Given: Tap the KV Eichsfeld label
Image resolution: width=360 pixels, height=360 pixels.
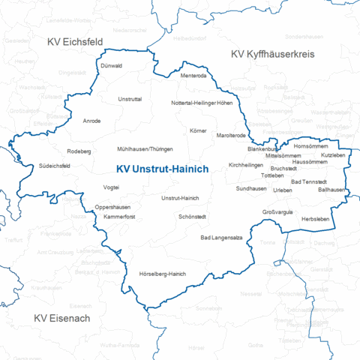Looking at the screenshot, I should click(x=75, y=42).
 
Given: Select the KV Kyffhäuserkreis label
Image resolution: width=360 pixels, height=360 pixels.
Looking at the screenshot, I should click(x=272, y=55).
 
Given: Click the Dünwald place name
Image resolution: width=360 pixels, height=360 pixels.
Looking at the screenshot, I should click(x=111, y=66).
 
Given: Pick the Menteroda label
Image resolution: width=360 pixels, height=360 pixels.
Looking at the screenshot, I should click(x=193, y=75).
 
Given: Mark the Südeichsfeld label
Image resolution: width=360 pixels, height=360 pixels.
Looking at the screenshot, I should click(x=55, y=166).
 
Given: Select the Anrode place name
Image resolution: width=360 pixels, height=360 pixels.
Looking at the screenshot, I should click(x=92, y=121).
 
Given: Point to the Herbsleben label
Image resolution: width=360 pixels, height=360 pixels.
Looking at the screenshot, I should click(x=315, y=218).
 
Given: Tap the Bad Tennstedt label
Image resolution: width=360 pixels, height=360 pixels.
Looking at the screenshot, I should click(x=308, y=181).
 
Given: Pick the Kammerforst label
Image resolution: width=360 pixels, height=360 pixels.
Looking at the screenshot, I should click(x=119, y=216).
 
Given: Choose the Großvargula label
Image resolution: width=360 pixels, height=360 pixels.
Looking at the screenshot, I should click(x=277, y=213).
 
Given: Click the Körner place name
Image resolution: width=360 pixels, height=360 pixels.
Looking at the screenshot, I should click(x=198, y=131).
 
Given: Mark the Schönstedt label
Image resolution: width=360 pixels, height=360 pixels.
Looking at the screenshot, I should click(x=193, y=216).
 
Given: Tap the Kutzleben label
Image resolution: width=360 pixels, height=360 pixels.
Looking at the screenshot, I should click(x=333, y=154).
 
